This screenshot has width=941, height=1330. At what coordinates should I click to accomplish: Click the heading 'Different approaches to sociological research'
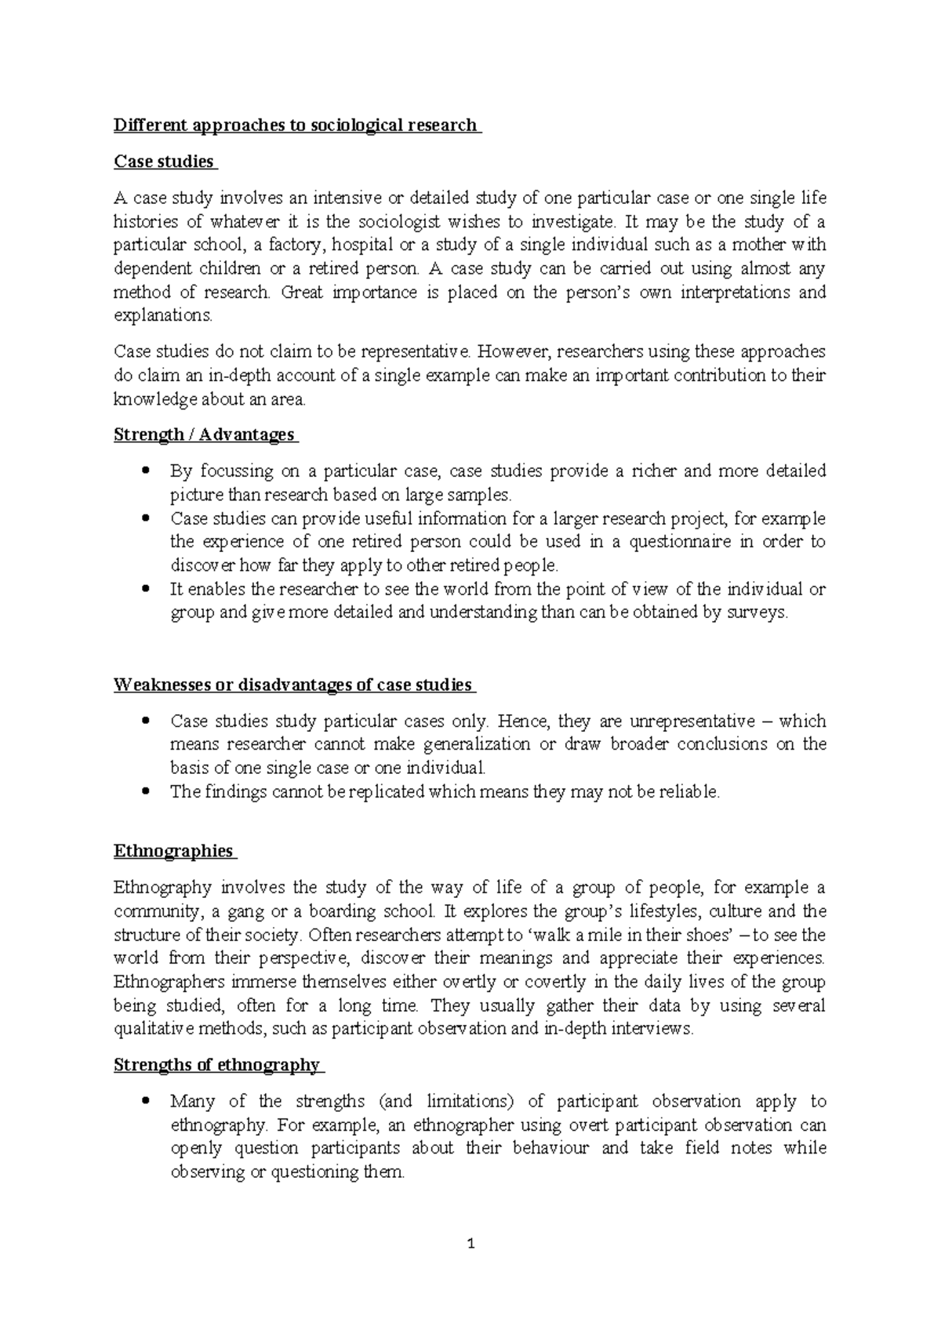(x=296, y=125)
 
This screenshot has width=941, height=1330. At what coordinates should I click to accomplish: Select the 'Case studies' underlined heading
(x=164, y=162)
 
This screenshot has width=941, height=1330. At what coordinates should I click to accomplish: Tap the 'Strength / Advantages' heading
(x=204, y=434)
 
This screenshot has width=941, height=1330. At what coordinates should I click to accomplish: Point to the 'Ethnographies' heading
(x=173, y=851)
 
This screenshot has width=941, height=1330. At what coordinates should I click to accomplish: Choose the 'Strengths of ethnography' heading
(x=216, y=1065)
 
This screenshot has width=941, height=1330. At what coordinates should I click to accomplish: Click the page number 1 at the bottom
(x=470, y=1244)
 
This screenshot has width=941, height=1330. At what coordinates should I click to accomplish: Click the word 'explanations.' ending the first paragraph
(x=162, y=317)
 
